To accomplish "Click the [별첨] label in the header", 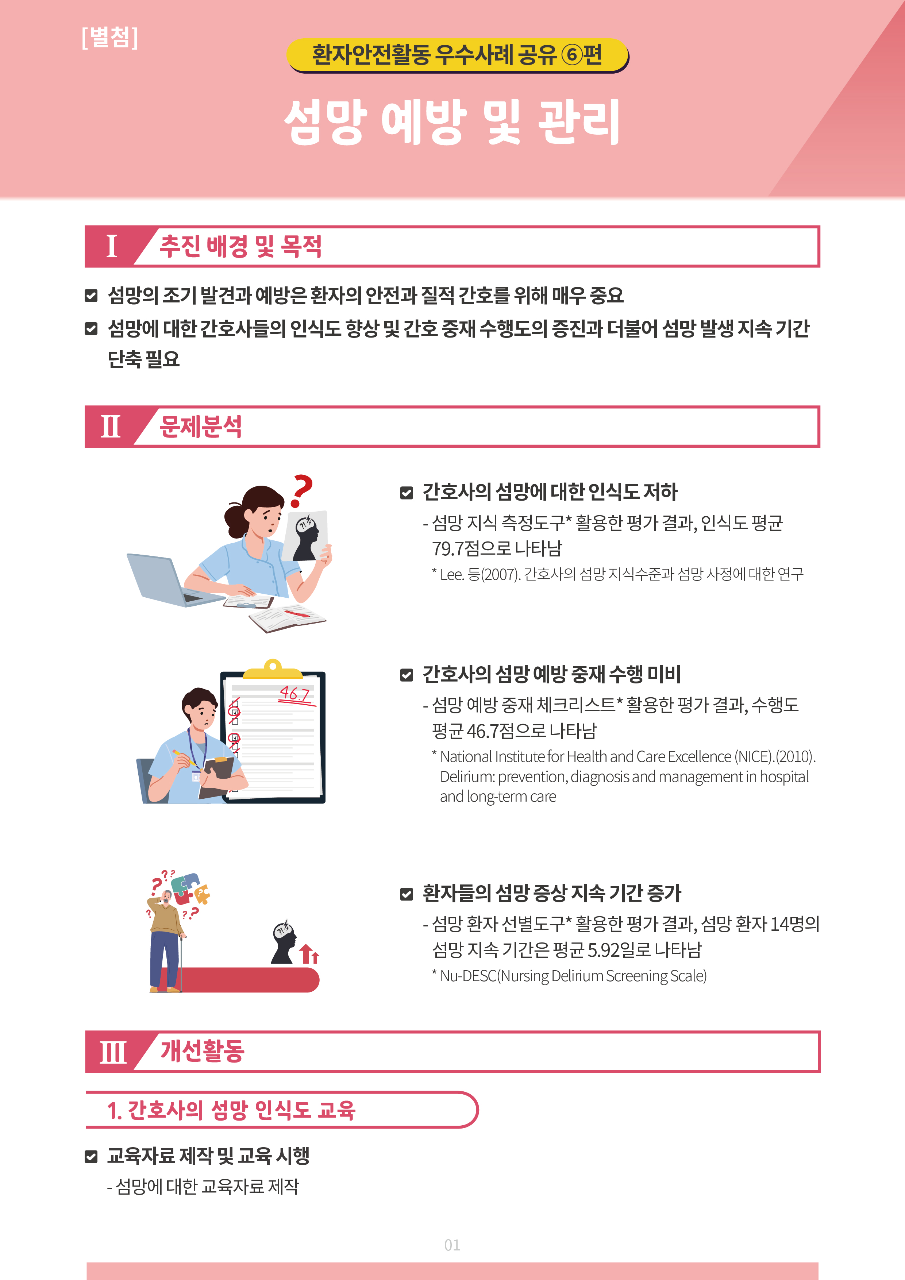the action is (x=109, y=37).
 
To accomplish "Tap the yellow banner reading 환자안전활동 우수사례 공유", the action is (x=457, y=55).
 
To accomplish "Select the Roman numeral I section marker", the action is (x=112, y=246).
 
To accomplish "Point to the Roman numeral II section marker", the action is (x=111, y=427).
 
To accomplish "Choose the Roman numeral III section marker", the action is (x=113, y=1052).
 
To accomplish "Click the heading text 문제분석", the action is (x=201, y=427).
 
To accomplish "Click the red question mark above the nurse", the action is (x=302, y=491).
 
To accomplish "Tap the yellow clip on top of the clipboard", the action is (x=273, y=668).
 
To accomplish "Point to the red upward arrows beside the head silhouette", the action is (x=309, y=954).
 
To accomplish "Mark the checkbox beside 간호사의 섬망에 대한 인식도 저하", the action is (x=407, y=493).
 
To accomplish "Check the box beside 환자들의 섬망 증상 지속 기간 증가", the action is (x=407, y=894).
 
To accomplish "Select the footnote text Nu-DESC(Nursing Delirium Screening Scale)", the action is (x=573, y=976).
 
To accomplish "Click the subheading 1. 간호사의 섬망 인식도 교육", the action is (x=231, y=1110).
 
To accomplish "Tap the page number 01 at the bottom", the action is (x=452, y=1245).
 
